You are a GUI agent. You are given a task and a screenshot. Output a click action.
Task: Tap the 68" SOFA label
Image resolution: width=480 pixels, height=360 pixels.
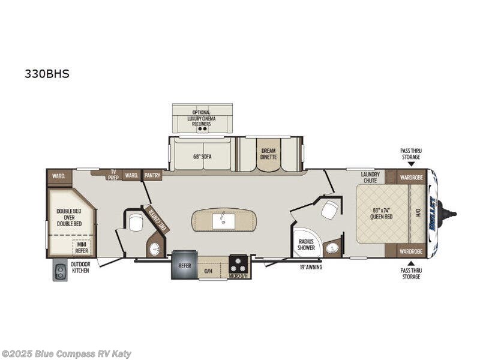click(202, 157)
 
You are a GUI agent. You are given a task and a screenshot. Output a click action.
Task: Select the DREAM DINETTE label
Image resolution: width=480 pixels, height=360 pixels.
click(268, 154)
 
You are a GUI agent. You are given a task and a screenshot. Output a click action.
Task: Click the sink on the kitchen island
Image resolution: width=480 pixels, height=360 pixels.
click(223, 221)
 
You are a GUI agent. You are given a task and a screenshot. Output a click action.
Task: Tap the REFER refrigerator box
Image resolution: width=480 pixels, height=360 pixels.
click(184, 265)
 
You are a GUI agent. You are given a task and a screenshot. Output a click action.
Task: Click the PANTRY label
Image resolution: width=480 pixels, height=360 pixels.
click(153, 176)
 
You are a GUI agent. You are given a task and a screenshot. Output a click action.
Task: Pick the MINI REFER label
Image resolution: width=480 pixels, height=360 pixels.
click(82, 248)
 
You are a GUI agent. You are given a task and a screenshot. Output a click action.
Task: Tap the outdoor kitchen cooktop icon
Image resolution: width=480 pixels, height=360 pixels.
click(60, 271)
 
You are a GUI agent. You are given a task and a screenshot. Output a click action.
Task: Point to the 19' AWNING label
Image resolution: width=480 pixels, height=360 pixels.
click(310, 267)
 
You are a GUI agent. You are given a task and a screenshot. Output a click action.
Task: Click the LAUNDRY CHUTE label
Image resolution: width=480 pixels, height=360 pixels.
click(370, 177)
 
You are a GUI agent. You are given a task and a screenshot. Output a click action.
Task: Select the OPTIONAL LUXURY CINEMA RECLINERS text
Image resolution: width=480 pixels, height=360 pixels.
click(202, 118)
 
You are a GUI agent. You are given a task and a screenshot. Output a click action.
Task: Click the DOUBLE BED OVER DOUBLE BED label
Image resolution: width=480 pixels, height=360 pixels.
click(69, 217)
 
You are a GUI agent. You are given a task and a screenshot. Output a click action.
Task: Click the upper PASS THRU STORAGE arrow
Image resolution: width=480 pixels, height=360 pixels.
click(410, 164)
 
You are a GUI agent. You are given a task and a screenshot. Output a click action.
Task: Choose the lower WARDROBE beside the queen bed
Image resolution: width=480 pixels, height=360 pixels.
click(410, 251)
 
